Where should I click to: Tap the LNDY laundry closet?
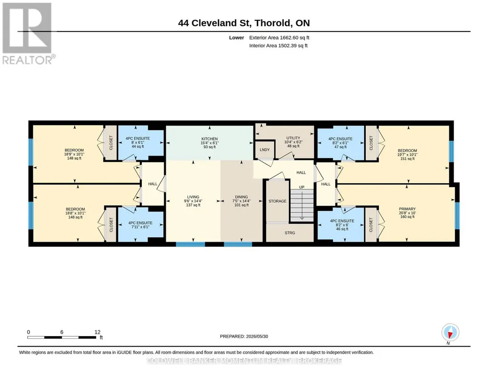click(x=265, y=149)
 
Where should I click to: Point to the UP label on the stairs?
click(x=301, y=187)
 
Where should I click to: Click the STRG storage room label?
click(x=290, y=233)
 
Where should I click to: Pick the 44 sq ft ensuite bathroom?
click(x=138, y=142)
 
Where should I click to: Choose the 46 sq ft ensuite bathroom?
click(x=342, y=225)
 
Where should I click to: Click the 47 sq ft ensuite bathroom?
click(x=340, y=143)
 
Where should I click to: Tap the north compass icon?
click(x=450, y=333)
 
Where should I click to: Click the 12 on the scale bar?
click(x=98, y=332)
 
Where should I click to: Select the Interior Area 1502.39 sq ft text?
click(x=278, y=45)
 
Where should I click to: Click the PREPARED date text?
click(x=244, y=336)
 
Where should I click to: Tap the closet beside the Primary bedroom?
click(x=371, y=225)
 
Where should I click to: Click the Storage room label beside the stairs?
click(x=277, y=201)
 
